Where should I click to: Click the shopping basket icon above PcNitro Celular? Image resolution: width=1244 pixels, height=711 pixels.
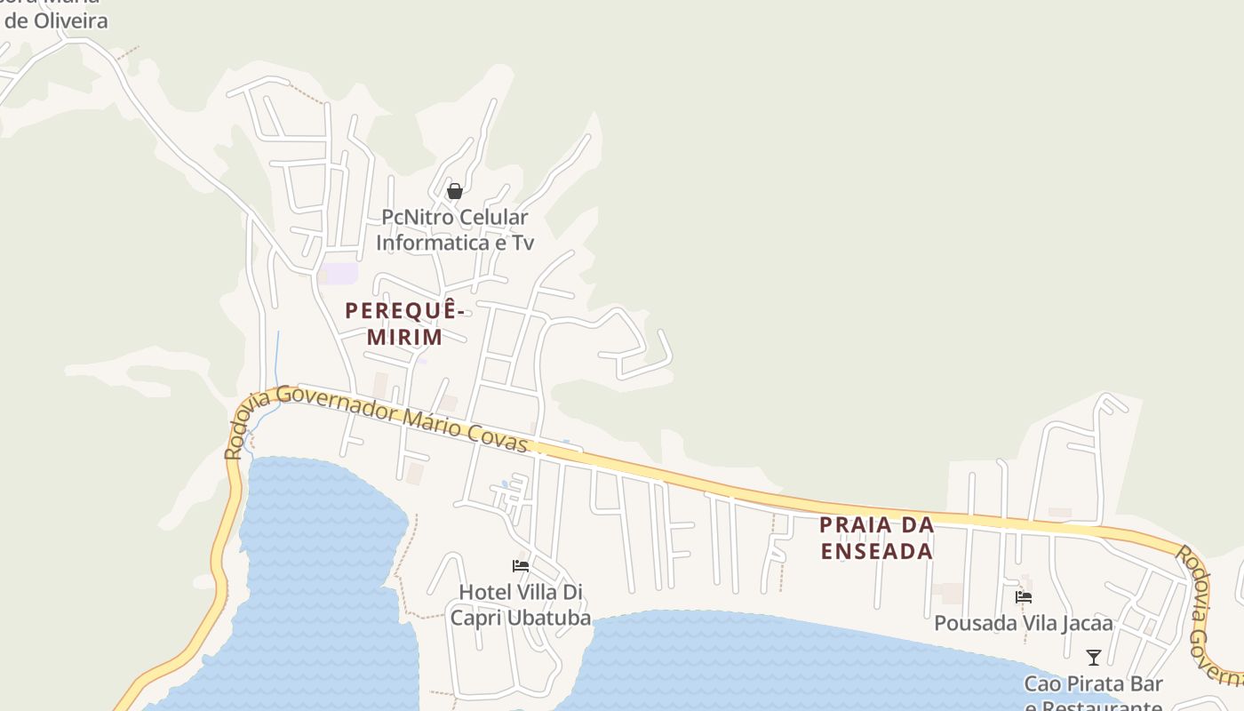click(455, 191)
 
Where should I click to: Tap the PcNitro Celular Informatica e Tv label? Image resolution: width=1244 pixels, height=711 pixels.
click(454, 230)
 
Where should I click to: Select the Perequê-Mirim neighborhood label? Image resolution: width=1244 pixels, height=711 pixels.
click(405, 324)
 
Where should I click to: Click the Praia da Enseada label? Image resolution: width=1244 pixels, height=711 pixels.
click(877, 538)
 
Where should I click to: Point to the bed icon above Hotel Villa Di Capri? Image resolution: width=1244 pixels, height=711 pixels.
click(521, 566)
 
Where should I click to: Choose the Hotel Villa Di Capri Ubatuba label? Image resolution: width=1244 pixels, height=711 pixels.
click(521, 604)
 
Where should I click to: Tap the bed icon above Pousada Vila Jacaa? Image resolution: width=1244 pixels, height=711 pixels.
click(1024, 598)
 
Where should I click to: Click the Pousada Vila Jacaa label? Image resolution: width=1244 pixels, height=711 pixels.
click(1024, 623)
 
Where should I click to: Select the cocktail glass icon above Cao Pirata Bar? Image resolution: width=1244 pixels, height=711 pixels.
click(1094, 658)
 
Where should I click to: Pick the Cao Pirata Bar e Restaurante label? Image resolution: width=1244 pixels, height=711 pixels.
click(1094, 695)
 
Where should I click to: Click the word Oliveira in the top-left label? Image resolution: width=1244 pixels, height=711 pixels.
click(70, 20)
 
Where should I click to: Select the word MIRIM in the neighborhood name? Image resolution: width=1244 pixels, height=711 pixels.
click(405, 338)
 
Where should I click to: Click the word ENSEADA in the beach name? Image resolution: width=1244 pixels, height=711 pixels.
click(877, 551)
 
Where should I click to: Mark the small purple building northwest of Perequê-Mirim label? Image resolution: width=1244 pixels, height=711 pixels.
click(339, 273)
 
